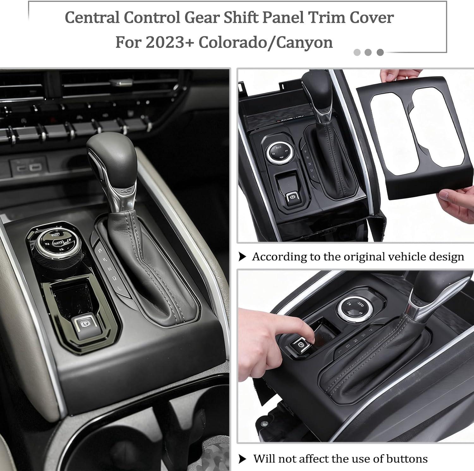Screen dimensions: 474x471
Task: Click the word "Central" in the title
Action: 92,18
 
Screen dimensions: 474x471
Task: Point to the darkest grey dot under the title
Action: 380,53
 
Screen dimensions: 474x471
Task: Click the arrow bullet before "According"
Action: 242,257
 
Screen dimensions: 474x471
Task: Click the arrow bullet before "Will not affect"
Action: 242,459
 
